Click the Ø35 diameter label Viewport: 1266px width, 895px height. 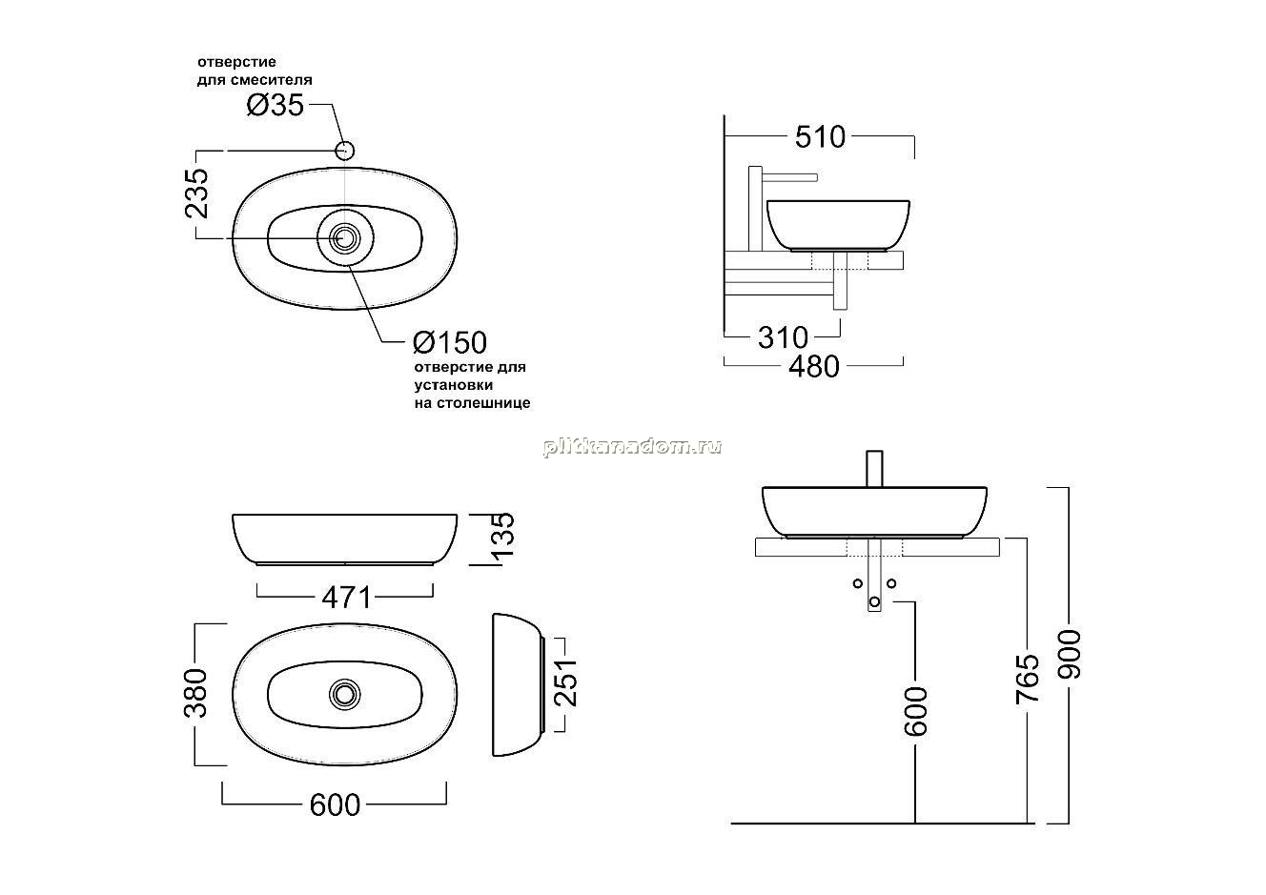click(276, 105)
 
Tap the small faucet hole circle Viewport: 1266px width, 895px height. click(345, 151)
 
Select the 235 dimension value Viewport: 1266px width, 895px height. click(197, 193)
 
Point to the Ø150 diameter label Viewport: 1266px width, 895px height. click(450, 342)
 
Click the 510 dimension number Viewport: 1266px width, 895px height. click(820, 136)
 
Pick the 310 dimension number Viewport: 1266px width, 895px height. click(783, 337)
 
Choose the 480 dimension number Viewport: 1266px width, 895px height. click(814, 367)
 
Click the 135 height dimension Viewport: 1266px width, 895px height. click(503, 534)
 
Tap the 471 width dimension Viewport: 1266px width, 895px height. click(346, 598)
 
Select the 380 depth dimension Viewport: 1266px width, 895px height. click(196, 693)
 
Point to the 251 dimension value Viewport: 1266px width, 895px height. click(565, 682)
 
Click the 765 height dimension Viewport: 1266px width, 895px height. click(1028, 680)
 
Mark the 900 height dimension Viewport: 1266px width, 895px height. click(1069, 654)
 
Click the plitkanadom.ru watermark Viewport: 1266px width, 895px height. click(632, 447)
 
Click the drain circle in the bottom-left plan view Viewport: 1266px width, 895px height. click(345, 693)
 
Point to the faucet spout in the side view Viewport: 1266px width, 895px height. click(789, 178)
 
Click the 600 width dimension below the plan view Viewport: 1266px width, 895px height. click(335, 805)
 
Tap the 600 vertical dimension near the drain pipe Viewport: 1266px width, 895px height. click(916, 711)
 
